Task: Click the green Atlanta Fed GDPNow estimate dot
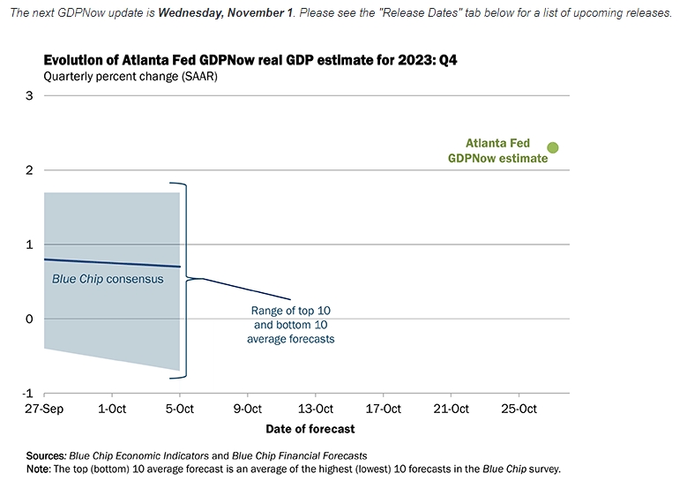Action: [553, 147]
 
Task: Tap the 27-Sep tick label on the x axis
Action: [44, 409]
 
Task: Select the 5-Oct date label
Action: [180, 409]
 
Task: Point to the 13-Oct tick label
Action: [316, 409]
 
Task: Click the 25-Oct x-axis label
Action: [519, 409]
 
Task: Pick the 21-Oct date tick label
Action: [451, 409]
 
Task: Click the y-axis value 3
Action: [28, 95]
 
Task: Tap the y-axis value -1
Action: [26, 394]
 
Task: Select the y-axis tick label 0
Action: [28, 319]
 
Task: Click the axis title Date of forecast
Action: [310, 429]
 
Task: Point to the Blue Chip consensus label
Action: [108, 279]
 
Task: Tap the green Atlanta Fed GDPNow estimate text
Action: [499, 151]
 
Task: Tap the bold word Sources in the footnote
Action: [46, 455]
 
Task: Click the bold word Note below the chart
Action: [39, 469]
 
